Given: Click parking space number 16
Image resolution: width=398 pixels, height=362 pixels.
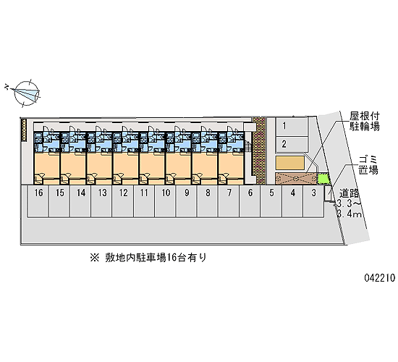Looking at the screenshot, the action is click(x=38, y=201).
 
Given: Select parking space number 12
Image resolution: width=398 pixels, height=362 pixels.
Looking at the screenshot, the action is click(x=123, y=201).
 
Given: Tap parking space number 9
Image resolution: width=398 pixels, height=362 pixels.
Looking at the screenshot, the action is click(x=187, y=201).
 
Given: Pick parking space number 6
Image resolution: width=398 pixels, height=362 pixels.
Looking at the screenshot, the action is click(x=250, y=201).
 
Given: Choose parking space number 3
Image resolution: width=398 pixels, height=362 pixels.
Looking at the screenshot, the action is click(x=313, y=201).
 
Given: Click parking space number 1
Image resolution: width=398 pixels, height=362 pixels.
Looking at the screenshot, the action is click(x=292, y=126).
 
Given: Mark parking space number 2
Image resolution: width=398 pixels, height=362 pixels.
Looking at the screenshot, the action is click(x=292, y=144).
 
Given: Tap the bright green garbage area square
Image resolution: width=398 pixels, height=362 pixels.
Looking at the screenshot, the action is click(x=323, y=179).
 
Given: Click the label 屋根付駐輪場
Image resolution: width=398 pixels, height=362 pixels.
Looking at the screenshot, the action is click(x=365, y=121).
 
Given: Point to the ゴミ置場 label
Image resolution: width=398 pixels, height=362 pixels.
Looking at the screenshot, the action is click(x=368, y=165).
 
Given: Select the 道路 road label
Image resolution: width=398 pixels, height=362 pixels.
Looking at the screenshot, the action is click(x=350, y=193).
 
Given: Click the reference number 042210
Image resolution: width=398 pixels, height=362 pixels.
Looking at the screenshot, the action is click(x=380, y=278).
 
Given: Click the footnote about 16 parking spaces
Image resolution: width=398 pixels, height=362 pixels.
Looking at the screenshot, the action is click(x=148, y=258).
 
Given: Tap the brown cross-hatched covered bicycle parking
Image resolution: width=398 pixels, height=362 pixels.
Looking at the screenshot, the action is click(x=296, y=178).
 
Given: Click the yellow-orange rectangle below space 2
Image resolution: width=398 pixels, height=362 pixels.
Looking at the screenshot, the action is click(x=290, y=163).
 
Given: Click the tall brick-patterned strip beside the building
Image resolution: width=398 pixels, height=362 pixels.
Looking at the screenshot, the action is click(x=259, y=151).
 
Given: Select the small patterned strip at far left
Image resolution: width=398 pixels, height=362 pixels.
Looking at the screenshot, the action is click(x=24, y=130).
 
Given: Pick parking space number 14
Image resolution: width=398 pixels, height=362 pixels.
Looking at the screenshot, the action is click(x=81, y=201).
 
